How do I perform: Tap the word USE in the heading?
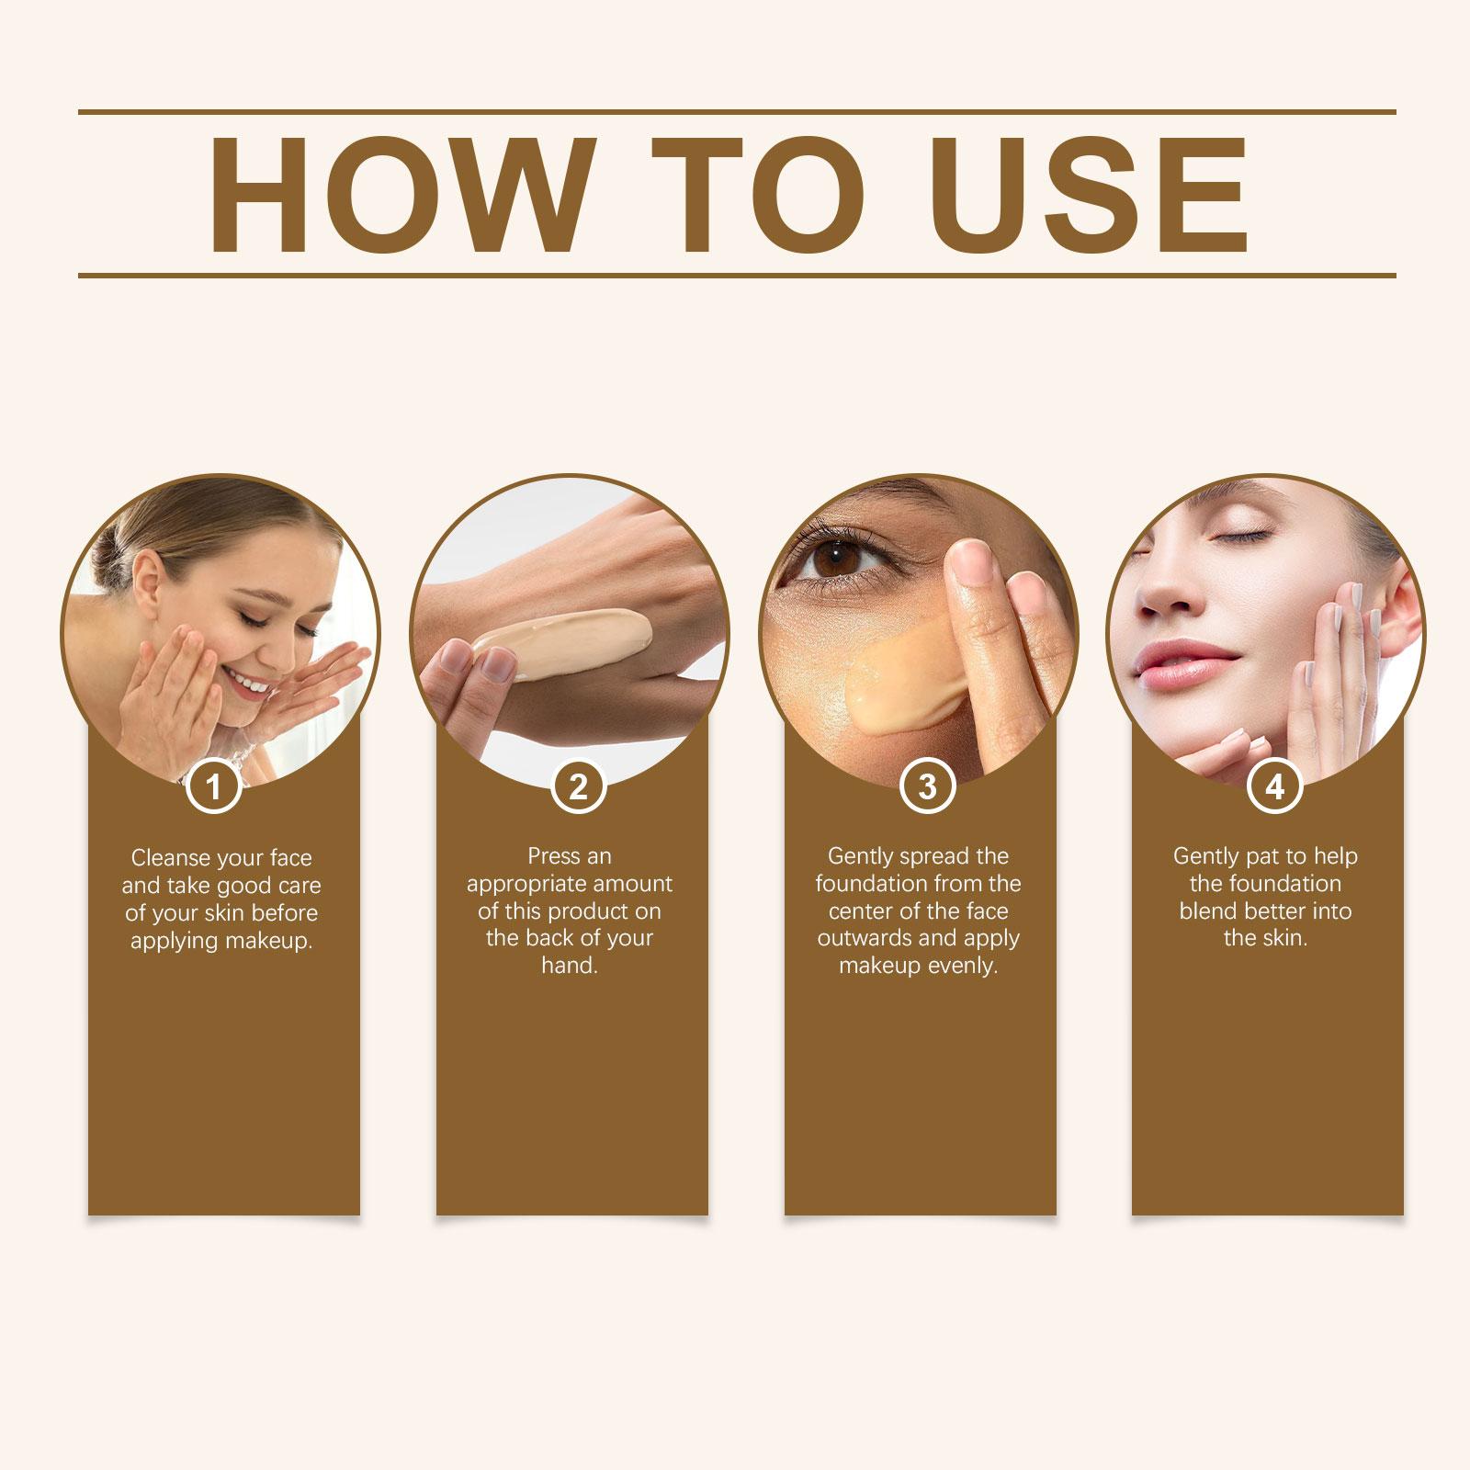click(x=1094, y=194)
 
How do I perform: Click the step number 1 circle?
click(x=214, y=786)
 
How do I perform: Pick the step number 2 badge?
click(x=578, y=786)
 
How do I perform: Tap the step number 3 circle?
click(x=927, y=786)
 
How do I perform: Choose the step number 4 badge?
click(x=1274, y=786)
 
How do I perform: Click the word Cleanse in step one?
click(x=169, y=858)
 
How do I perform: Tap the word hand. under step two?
click(x=570, y=966)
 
